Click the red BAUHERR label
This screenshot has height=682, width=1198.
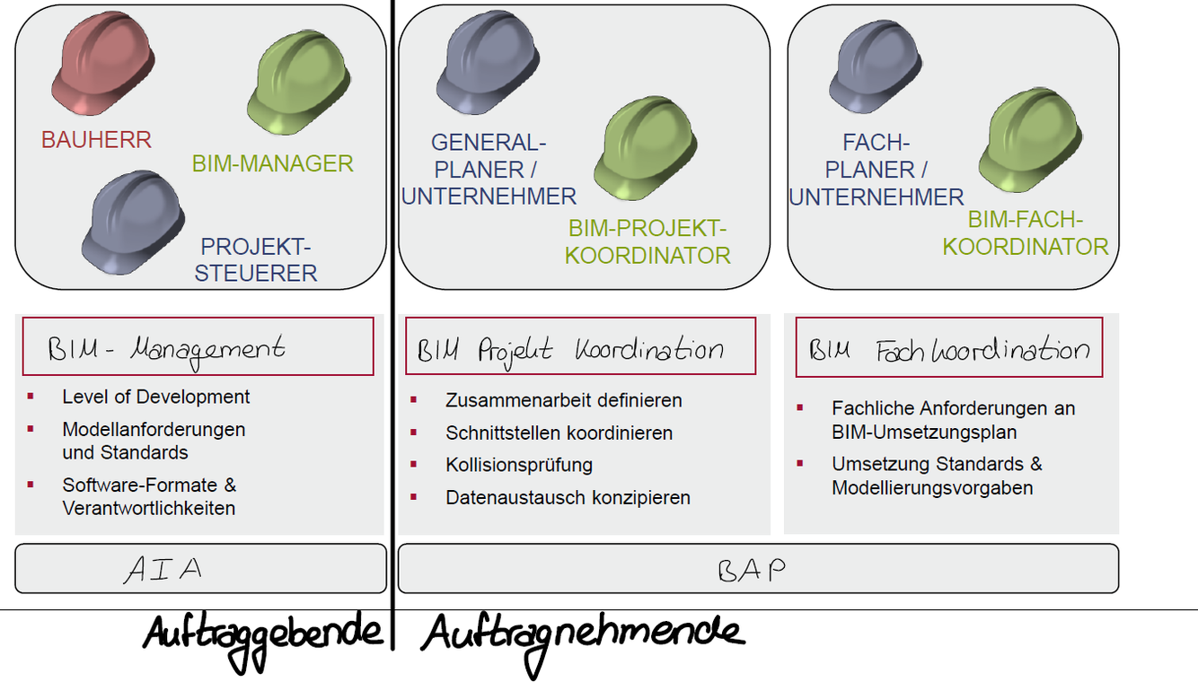(x=96, y=140)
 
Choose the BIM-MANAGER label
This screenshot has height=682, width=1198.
(x=272, y=164)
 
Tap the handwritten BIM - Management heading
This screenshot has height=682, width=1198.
(x=167, y=347)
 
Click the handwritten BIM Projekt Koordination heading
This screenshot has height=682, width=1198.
(x=571, y=348)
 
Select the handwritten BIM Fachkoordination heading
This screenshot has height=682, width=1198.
(x=949, y=349)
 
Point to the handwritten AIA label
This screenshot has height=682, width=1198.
(x=163, y=570)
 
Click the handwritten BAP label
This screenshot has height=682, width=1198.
(x=752, y=570)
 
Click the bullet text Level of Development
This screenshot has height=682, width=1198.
(x=156, y=397)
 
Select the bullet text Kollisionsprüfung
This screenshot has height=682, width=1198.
(x=519, y=465)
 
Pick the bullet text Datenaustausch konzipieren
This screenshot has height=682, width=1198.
(x=568, y=497)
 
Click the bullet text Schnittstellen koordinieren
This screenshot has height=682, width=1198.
(x=559, y=433)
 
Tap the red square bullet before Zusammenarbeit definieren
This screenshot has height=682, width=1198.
(x=414, y=398)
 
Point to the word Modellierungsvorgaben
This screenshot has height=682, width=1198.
(x=932, y=488)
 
